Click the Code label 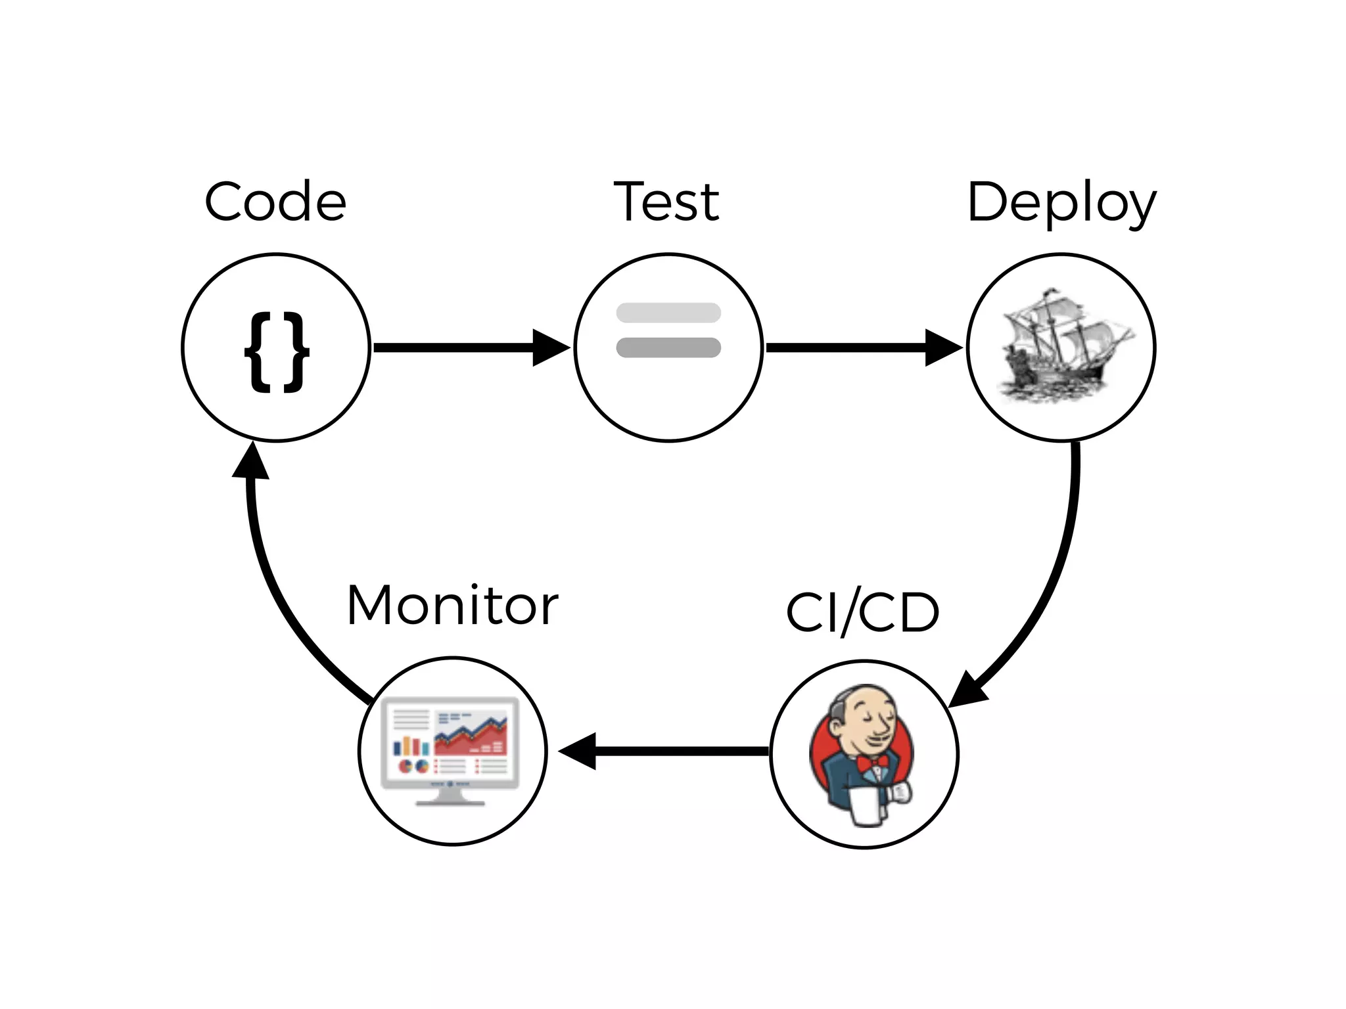pos(275,202)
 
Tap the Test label pos(666,202)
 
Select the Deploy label pos(1061,203)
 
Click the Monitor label pos(452,605)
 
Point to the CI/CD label pos(862,612)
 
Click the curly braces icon pos(276,353)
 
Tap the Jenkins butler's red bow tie pos(871,762)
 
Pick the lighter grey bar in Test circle pos(668,313)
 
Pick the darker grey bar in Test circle pos(668,348)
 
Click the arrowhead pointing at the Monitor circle pos(578,751)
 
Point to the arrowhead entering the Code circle pos(252,461)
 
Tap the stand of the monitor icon pos(451,797)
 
